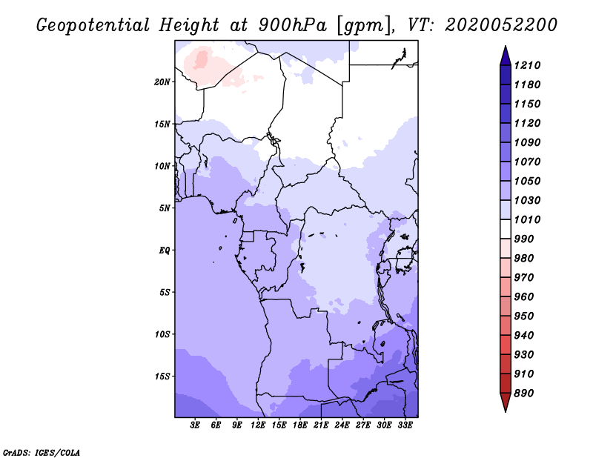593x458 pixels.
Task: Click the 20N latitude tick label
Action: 162,82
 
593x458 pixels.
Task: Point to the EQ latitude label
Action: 164,250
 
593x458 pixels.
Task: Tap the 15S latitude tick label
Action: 162,376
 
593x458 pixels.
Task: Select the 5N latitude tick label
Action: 165,208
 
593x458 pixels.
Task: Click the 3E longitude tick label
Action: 195,425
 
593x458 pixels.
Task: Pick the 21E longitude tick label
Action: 321,425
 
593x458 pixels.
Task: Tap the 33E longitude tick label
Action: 405,425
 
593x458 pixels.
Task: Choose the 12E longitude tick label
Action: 258,425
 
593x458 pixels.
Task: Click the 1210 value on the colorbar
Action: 527,65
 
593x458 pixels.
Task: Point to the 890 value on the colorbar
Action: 524,394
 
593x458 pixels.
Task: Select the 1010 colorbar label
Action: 527,219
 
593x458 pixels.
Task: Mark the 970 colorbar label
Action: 524,278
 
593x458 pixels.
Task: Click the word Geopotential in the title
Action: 93,25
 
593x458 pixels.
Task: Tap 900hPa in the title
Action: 292,25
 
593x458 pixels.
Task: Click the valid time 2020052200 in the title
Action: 501,25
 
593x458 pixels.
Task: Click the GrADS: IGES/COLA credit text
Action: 42,453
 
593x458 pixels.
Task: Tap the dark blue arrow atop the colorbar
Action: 506,56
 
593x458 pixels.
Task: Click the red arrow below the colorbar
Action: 506,402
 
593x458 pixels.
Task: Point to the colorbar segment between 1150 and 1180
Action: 506,94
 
